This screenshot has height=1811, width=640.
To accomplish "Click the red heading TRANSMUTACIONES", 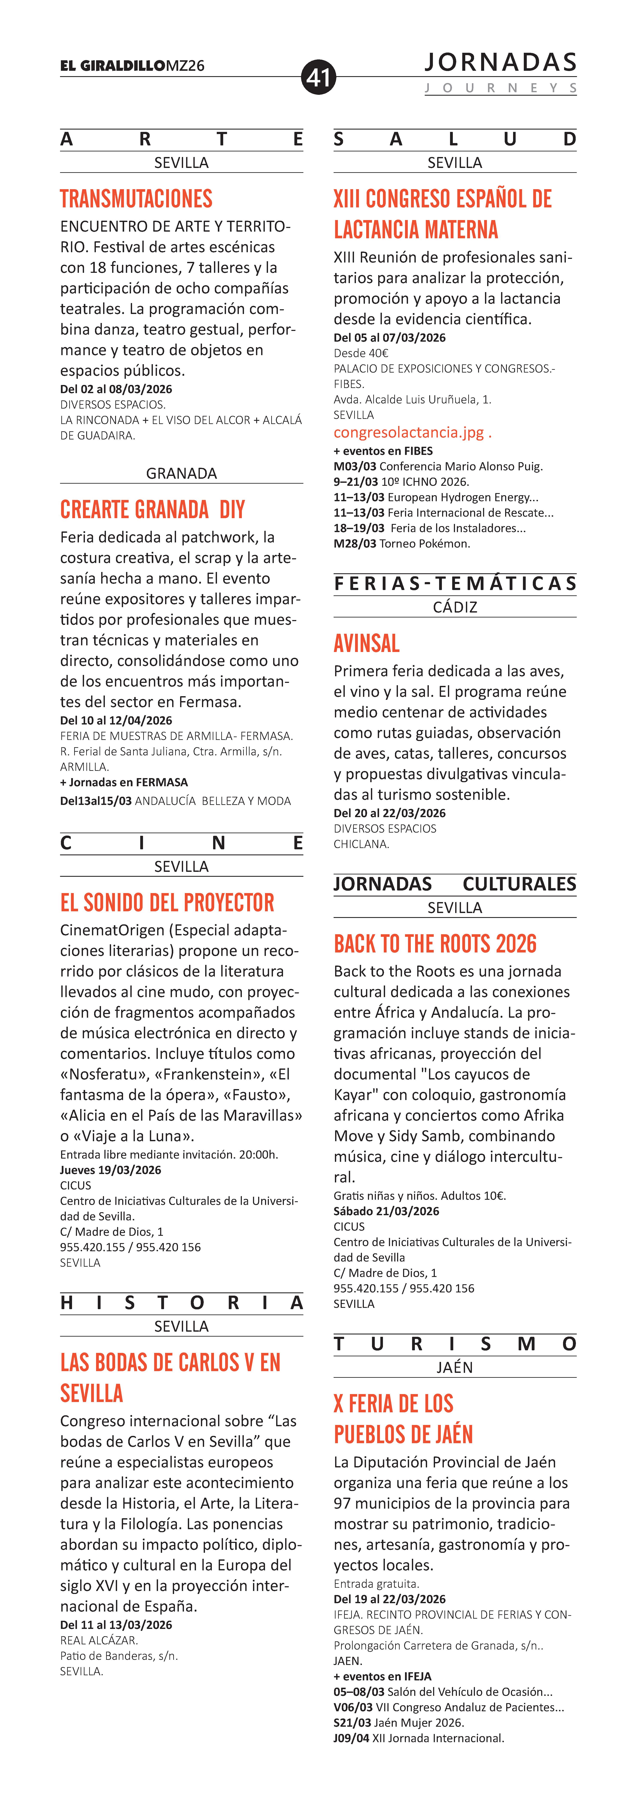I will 136,199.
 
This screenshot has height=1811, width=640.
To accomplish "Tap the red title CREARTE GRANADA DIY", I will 152,510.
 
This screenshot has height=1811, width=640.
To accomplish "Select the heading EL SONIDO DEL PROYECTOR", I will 167,903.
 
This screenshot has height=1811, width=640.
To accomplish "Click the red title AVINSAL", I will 367,643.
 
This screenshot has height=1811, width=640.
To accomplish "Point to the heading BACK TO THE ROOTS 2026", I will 435,943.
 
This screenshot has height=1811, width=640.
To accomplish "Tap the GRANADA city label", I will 181,473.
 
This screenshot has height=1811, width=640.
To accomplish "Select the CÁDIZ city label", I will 455,607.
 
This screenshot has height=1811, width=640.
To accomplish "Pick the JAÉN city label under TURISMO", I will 455,1367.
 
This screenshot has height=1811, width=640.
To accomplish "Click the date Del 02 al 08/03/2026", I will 116,389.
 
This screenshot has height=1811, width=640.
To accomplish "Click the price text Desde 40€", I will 361,353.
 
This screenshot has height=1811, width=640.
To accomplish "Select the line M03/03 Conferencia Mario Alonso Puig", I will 438,466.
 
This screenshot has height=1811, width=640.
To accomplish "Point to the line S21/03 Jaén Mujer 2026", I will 398,1722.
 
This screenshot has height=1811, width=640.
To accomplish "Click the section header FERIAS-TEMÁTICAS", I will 455,584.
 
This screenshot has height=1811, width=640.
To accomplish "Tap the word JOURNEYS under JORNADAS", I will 500,88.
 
